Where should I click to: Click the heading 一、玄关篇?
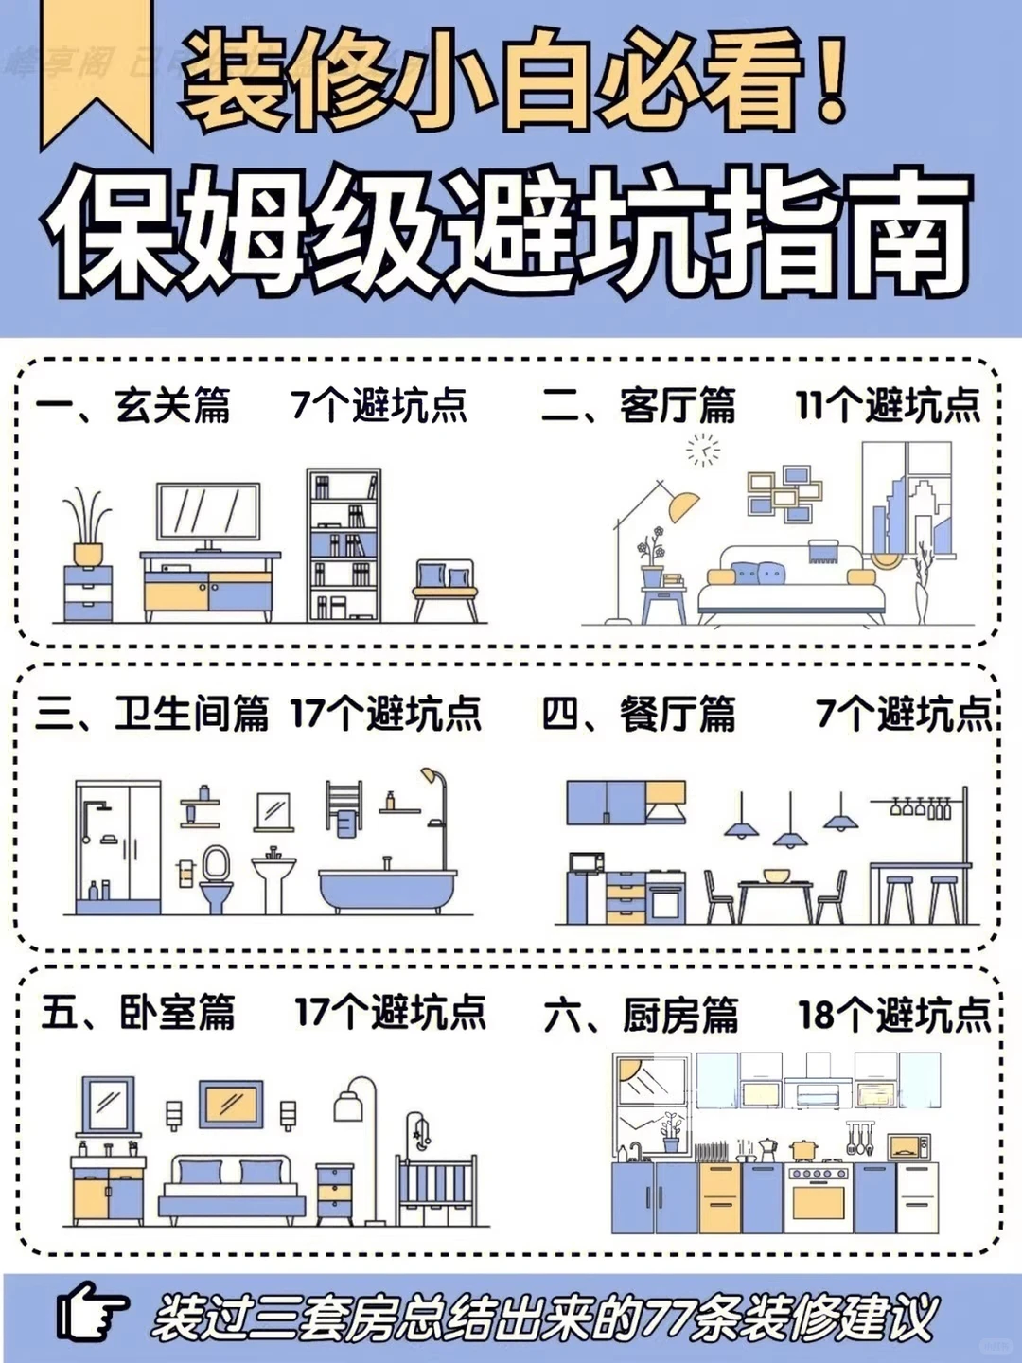[133, 406]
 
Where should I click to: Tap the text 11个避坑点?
[887, 406]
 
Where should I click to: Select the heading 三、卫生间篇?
[152, 714]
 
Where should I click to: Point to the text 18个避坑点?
[893, 1015]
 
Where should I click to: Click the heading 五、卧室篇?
[138, 1013]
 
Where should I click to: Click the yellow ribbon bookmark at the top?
[97, 71]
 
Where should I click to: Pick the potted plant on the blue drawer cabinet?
[87, 528]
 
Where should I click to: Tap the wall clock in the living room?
[703, 450]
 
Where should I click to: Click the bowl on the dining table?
[776, 876]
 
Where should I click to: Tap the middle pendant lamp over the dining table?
[790, 837]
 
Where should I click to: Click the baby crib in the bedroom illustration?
[436, 1188]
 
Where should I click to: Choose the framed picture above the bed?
[231, 1103]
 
